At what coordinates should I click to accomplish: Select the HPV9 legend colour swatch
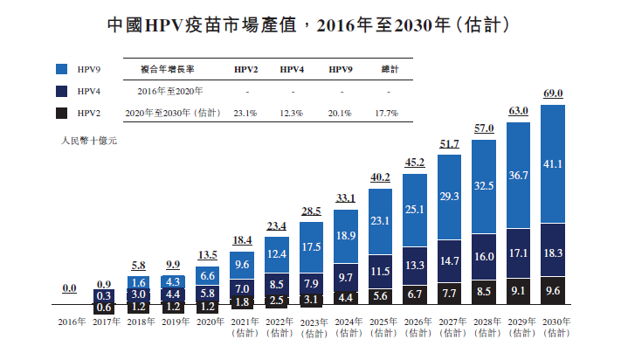(62, 68)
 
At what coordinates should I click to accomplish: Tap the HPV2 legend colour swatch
(62, 113)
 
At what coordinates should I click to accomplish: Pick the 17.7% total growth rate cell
(386, 113)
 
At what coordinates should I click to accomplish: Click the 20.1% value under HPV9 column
(341, 113)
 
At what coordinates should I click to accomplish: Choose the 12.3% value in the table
(292, 113)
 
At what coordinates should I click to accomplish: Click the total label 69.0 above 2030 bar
(554, 93)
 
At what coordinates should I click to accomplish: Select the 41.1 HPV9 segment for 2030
(554, 163)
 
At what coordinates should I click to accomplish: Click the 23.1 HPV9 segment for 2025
(381, 221)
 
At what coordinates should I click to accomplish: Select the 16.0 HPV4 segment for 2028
(484, 257)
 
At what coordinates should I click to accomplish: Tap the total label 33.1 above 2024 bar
(346, 197)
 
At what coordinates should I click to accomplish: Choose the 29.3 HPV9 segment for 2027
(450, 197)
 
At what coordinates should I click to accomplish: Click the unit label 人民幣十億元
(89, 140)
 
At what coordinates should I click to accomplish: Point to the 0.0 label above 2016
(69, 287)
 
